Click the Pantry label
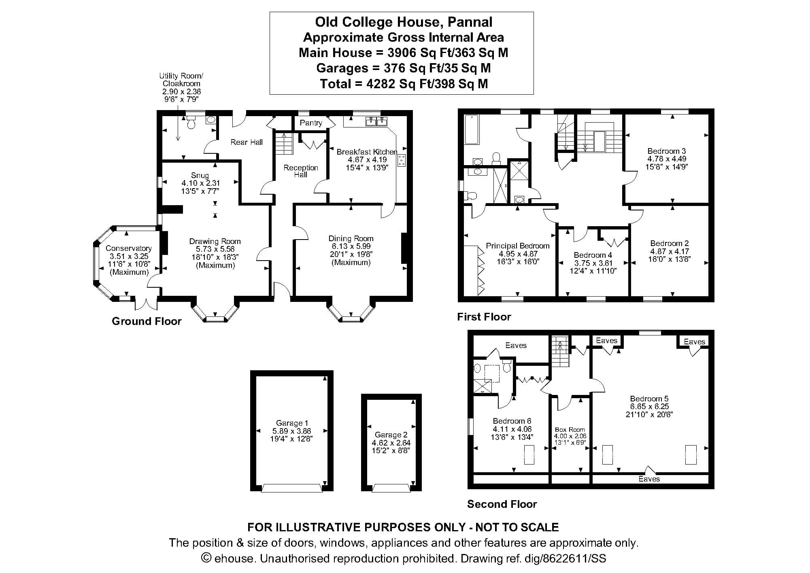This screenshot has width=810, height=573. pos(311,123)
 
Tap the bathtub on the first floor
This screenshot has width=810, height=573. pos(472,129)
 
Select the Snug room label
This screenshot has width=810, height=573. pos(200,175)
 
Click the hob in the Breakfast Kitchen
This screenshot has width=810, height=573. pos(402,160)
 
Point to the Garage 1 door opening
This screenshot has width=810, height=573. pos(292,488)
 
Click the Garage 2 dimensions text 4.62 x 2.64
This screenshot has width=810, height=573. pos(391,443)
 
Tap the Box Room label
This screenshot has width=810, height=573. pos(570,429)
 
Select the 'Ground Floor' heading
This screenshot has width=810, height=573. pos(147,321)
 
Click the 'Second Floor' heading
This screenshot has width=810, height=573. pos(502,504)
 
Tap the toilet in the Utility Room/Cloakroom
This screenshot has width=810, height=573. pos(191,123)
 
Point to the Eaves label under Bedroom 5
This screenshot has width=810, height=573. pos(649,479)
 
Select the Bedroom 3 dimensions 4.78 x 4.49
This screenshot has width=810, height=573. pos(667,159)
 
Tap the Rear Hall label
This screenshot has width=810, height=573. pos(247,142)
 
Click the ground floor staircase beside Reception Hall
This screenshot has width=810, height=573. pos(284,143)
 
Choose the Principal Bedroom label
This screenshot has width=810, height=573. pos(517,246)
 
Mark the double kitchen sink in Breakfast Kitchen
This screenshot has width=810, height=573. pos(376,121)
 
